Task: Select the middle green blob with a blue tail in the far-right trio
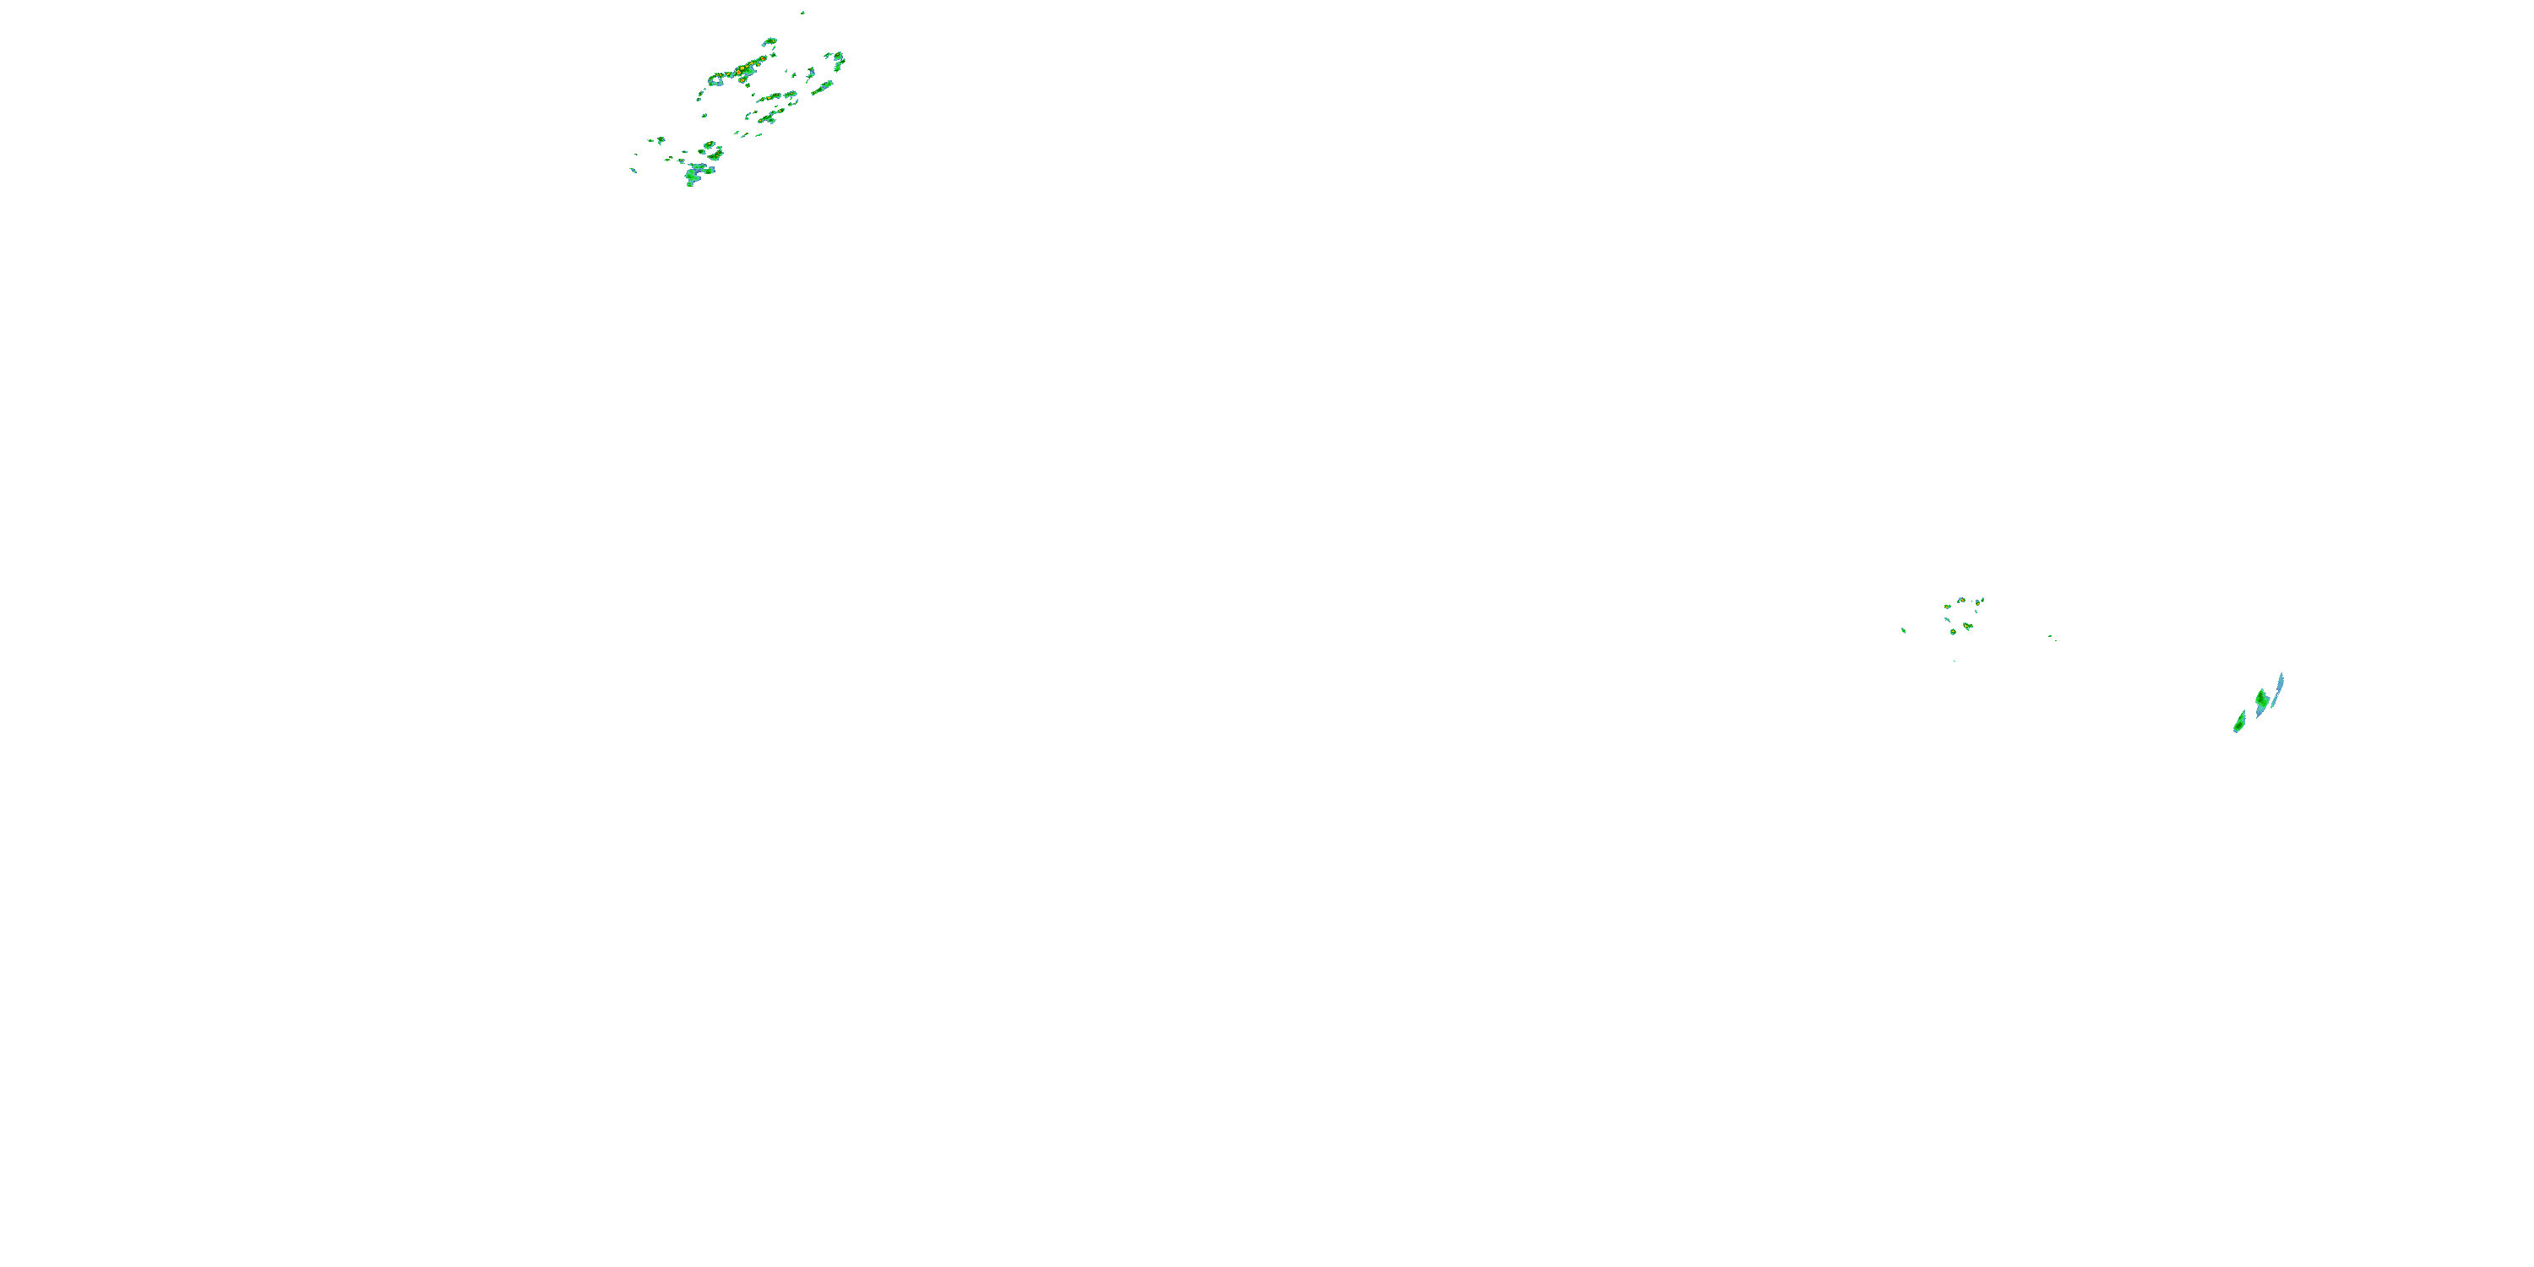click(2261, 700)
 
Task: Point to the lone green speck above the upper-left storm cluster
click(803, 13)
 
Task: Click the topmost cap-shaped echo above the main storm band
click(770, 41)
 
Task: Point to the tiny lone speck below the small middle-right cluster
click(1955, 662)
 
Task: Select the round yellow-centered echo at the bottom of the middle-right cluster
click(1954, 632)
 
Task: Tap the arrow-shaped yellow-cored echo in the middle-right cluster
click(1967, 626)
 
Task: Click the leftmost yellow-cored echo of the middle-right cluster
click(1948, 607)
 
